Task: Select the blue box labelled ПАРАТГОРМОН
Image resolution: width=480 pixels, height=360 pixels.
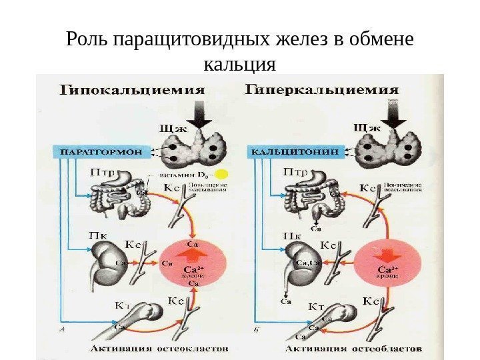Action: [101, 151]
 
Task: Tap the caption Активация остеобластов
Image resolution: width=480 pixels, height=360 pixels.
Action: [353, 348]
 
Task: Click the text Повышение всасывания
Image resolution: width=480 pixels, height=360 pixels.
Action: [212, 187]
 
